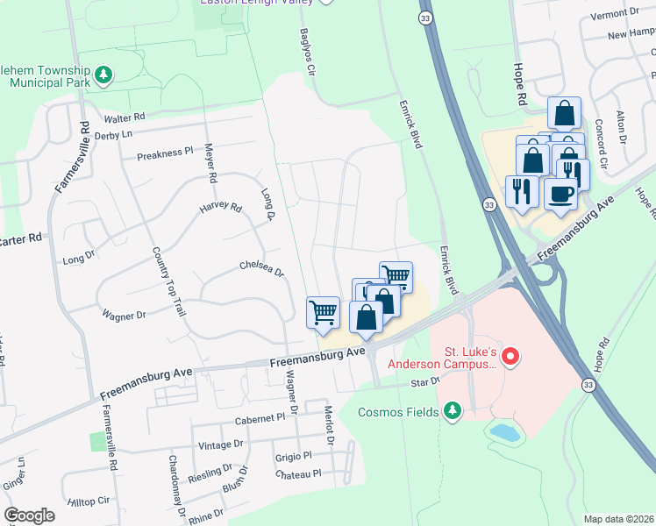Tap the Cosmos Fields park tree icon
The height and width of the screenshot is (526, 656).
pyautogui.click(x=453, y=410)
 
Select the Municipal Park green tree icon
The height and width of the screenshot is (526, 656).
pyautogui.click(x=104, y=75)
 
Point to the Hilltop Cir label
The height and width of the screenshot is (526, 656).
pyautogui.click(x=89, y=500)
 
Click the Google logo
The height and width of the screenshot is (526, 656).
pyautogui.click(x=29, y=515)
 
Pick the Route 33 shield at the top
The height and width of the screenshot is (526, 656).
pyautogui.click(x=425, y=18)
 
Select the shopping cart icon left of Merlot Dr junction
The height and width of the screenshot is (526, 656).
pyautogui.click(x=323, y=312)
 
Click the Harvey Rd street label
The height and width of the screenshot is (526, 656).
pyautogui.click(x=220, y=208)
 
